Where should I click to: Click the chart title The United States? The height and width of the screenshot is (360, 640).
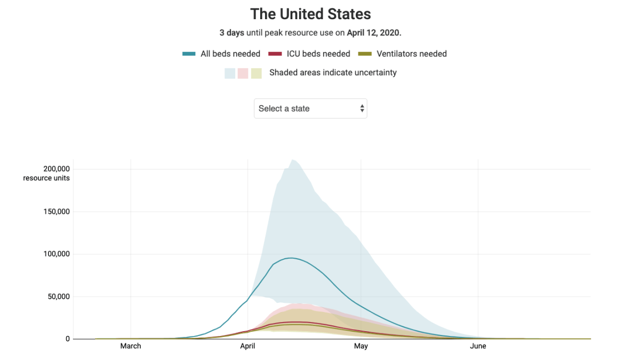click(310, 14)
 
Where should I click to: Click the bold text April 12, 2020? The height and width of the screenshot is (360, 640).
click(373, 33)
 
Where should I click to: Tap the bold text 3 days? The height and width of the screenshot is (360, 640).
click(232, 33)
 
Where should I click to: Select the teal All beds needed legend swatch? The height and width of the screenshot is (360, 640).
click(189, 54)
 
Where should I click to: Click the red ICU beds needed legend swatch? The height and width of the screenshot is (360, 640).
click(275, 54)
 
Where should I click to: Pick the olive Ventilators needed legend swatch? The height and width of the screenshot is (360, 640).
click(365, 54)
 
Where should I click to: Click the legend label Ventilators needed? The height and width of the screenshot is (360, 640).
click(411, 54)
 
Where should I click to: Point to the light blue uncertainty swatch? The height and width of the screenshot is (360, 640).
click(230, 73)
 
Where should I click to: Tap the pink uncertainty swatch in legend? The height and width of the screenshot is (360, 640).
click(243, 73)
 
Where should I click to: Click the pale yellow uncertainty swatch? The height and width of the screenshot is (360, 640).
click(257, 73)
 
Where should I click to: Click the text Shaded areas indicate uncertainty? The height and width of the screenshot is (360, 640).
click(333, 73)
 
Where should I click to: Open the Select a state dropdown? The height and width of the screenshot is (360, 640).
click(310, 108)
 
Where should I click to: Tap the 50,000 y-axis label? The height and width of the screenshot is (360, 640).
click(57, 297)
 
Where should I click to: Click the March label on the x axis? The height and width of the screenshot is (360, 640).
click(131, 346)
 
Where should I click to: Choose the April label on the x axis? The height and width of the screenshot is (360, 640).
click(247, 346)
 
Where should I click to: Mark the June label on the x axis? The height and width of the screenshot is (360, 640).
click(478, 346)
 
